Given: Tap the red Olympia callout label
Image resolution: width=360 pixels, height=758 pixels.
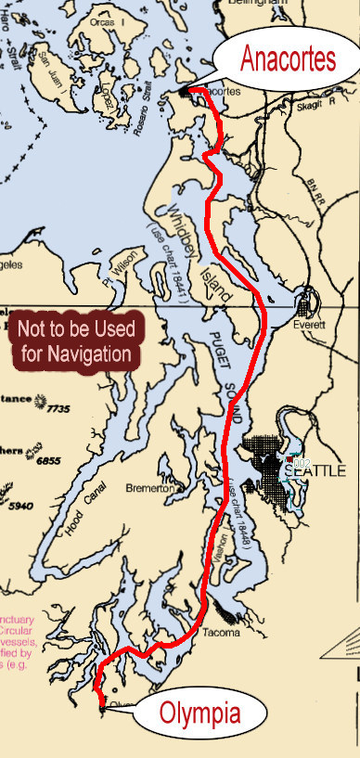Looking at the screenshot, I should [199, 714].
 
